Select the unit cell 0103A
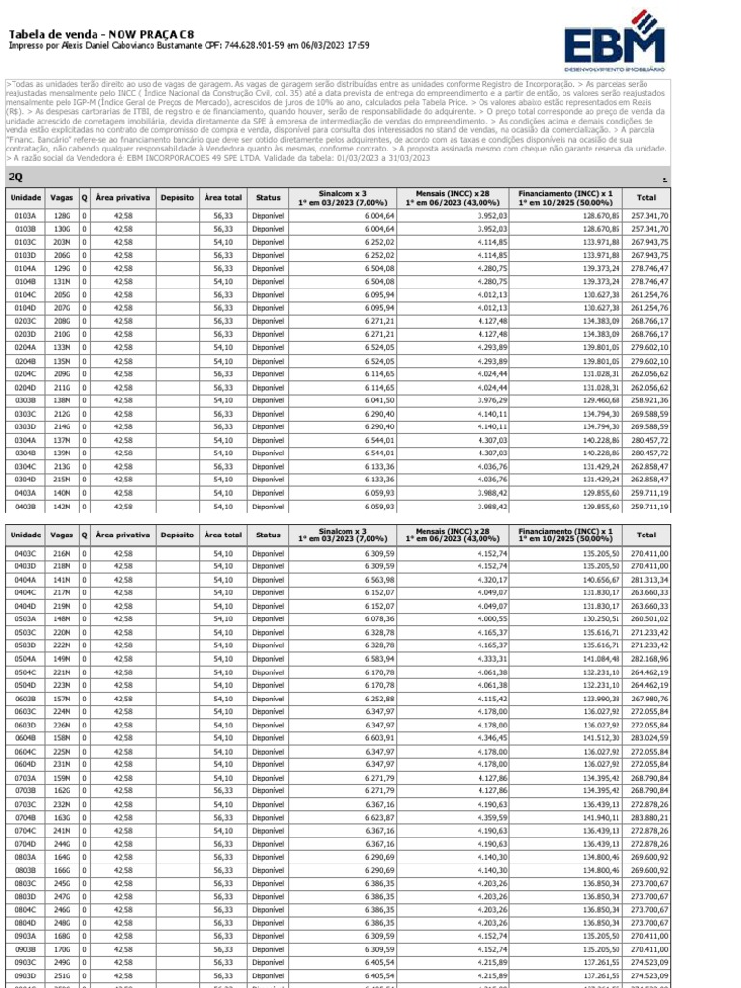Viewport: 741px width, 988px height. pyautogui.click(x=25, y=216)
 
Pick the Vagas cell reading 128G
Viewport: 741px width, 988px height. pyautogui.click(x=63, y=216)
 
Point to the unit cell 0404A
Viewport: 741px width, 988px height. pyautogui.click(x=25, y=580)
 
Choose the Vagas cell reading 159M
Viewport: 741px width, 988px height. pyautogui.click(x=63, y=777)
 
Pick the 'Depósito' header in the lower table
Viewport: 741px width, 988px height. pyautogui.click(x=177, y=534)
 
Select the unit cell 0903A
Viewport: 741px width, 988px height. pyautogui.click(x=25, y=935)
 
